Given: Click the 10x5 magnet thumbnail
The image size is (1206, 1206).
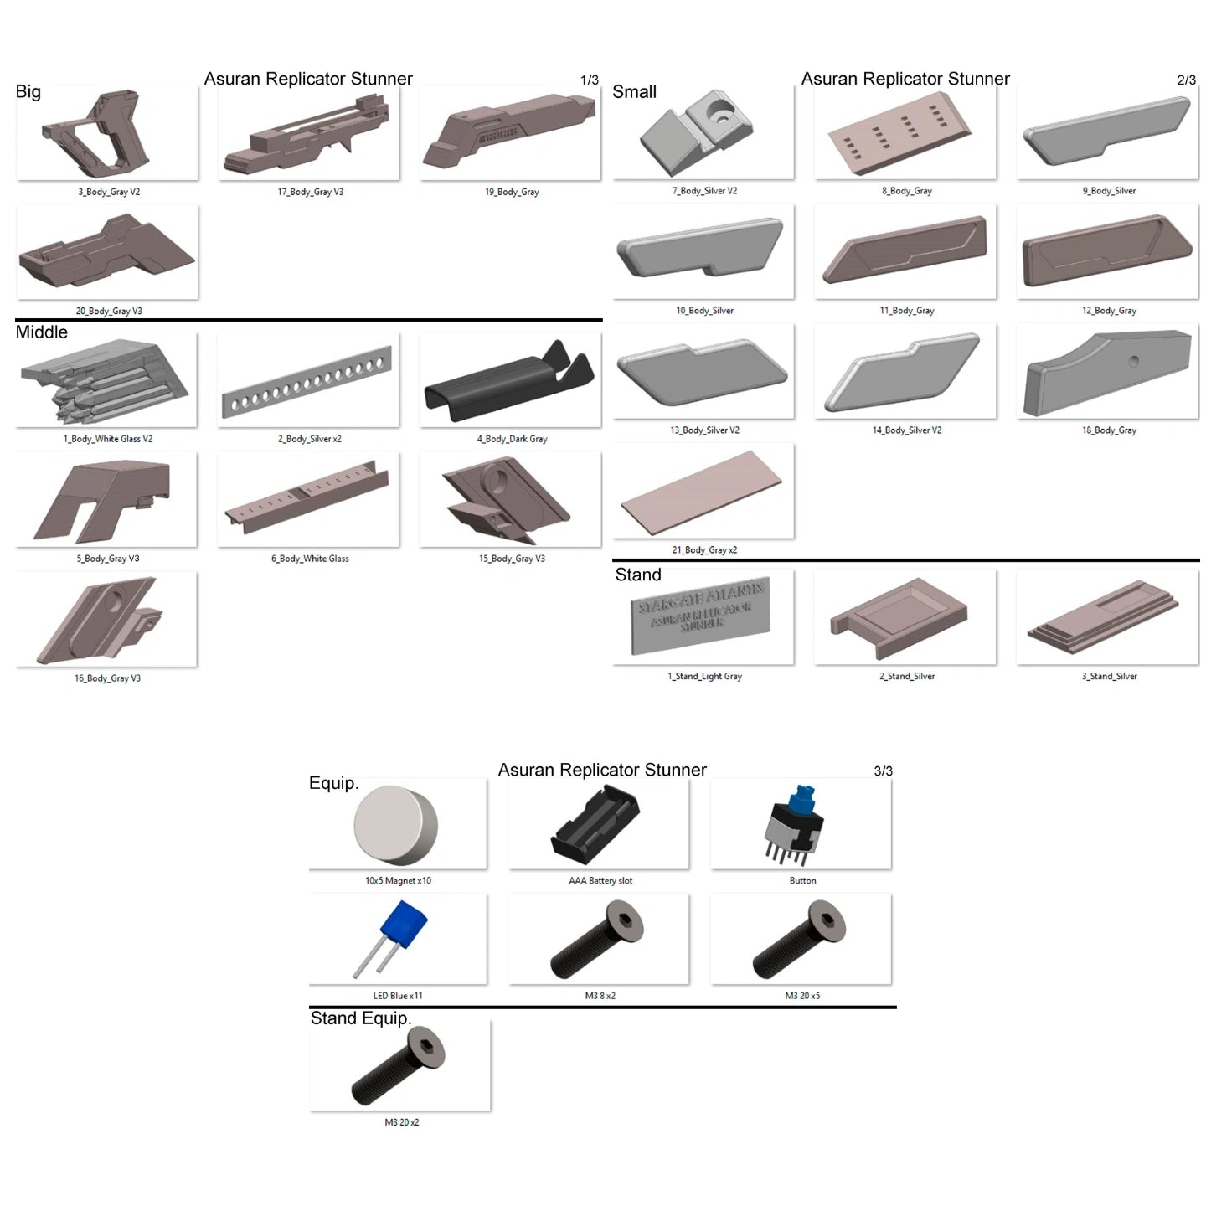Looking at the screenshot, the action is pyautogui.click(x=395, y=824).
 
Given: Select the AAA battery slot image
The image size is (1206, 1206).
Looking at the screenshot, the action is pyautogui.click(x=595, y=824).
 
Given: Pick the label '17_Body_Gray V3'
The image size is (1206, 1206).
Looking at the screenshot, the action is pyautogui.click(x=311, y=192).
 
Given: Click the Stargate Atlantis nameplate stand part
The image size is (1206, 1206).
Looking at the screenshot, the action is pyautogui.click(x=700, y=616).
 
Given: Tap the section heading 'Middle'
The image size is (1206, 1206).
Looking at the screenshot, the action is pyautogui.click(x=41, y=332).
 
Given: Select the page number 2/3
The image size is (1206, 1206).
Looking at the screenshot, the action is pyautogui.click(x=1186, y=80).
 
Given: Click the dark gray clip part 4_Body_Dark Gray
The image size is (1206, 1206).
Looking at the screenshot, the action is pyautogui.click(x=508, y=383).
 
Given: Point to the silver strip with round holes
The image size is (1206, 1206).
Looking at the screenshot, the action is pyautogui.click(x=307, y=382).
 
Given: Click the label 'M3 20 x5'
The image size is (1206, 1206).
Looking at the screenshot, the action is pyautogui.click(x=802, y=996).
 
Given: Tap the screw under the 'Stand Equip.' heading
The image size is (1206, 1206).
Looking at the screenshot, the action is pyautogui.click(x=398, y=1066).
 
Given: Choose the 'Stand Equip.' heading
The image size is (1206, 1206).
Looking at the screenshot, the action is pyautogui.click(x=361, y=1018).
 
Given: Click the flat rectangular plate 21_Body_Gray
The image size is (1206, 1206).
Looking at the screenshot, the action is pyautogui.click(x=701, y=492).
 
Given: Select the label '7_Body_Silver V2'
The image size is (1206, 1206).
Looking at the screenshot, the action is pyautogui.click(x=704, y=191).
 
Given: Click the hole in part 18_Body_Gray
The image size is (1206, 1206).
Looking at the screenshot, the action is pyautogui.click(x=1133, y=361).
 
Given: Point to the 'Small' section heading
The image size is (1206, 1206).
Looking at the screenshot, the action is pyautogui.click(x=634, y=92).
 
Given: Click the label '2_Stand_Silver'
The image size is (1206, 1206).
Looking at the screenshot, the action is pyautogui.click(x=907, y=677).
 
